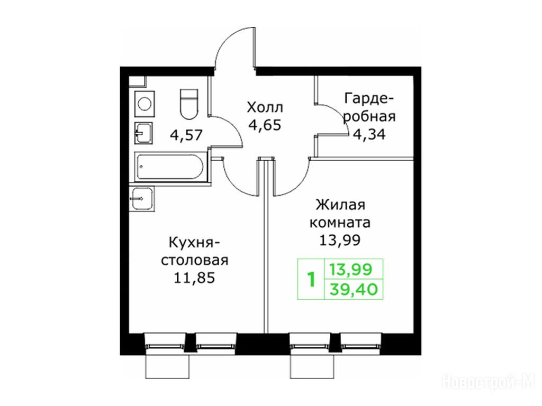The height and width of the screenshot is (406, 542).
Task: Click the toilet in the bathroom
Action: tap(189, 103)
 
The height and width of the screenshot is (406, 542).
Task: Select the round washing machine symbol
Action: tap(144, 103)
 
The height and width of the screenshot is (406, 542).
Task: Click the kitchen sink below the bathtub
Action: tap(142, 199)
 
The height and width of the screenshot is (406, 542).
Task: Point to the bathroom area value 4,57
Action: tap(186, 135)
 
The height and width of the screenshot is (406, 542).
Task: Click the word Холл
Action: tap(265, 107)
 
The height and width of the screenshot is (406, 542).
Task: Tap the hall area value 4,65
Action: tap(265, 125)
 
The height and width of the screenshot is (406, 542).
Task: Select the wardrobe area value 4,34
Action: tap(369, 134)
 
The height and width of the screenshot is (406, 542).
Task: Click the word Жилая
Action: tap(340, 205)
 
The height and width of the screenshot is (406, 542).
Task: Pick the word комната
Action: tap(340, 223)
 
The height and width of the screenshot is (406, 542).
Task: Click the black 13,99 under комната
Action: tap(339, 239)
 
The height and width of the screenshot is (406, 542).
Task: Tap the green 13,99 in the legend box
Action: tap(350, 269)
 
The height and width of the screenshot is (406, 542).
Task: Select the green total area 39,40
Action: tap(353, 289)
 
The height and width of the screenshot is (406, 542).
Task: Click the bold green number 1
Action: tap(312, 280)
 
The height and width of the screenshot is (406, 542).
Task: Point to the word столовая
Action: tap(195, 260)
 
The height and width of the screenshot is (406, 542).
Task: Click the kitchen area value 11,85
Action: tap(194, 278)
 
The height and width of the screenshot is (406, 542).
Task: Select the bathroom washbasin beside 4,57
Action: tap(143, 133)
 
